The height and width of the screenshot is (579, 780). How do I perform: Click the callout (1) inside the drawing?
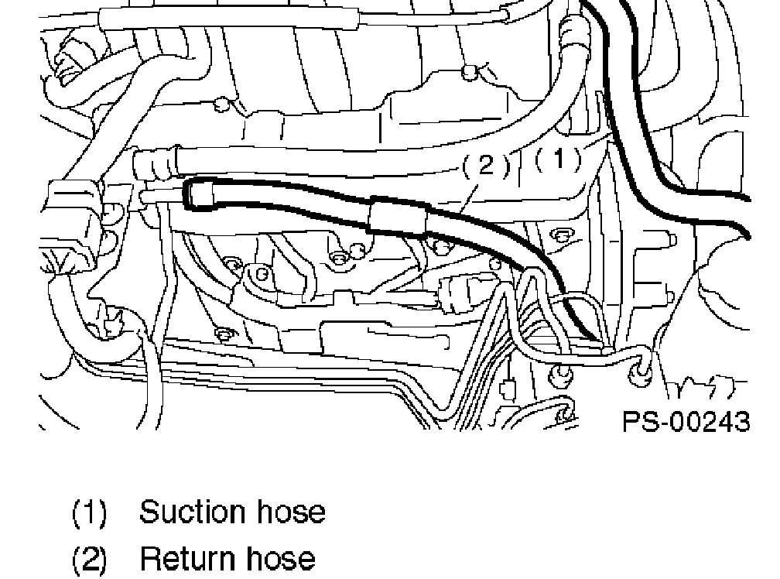click(557, 160)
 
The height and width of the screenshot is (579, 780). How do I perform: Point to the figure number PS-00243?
click(686, 421)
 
